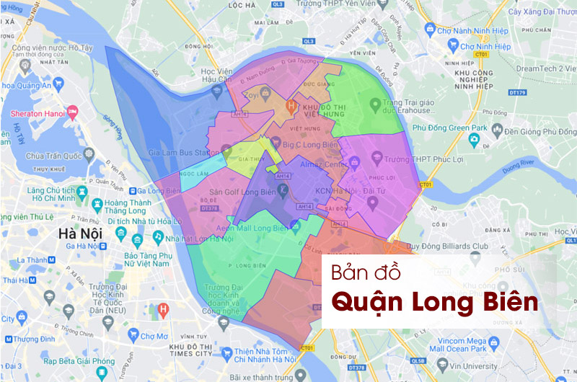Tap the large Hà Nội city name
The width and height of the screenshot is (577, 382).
coord(80,234)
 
